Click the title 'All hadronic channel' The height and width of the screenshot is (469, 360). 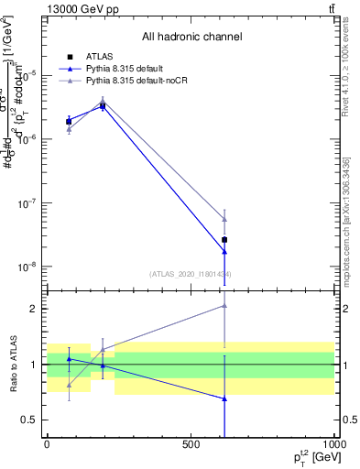191,37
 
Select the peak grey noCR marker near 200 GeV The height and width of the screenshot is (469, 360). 103,101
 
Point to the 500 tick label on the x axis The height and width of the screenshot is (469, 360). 191,443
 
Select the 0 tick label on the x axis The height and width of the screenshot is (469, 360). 47,443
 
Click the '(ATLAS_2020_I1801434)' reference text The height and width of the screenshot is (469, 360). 191,274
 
